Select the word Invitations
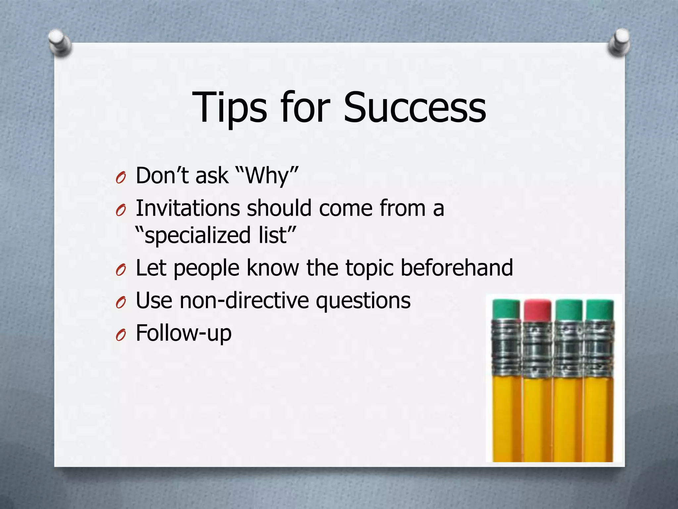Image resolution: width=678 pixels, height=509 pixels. [188, 208]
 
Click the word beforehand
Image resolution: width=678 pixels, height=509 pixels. [457, 268]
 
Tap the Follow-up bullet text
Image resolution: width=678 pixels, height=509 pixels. [184, 333]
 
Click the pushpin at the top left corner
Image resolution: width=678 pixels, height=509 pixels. [60, 43]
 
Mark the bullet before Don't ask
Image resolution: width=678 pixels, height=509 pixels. [121, 178]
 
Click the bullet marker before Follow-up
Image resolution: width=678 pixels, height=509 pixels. [121, 336]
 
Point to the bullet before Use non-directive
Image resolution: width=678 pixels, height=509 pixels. [121, 303]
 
